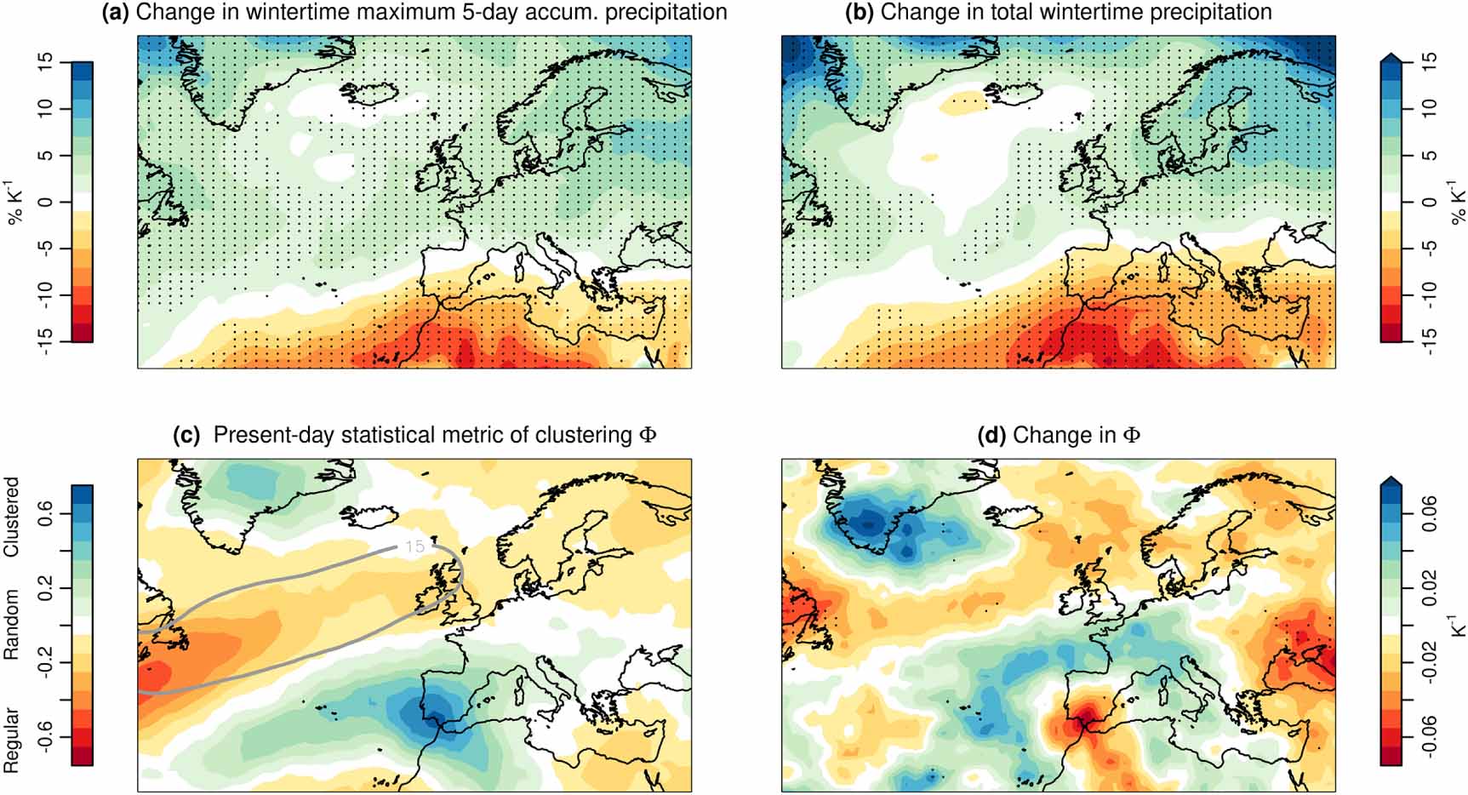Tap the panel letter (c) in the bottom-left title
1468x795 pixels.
coord(186,435)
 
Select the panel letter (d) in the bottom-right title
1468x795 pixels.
coord(993,435)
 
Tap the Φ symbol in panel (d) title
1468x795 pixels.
coord(1131,435)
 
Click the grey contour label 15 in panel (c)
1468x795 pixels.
coord(414,546)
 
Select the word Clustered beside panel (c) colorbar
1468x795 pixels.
coord(12,517)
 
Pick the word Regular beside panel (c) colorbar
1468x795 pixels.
coord(12,740)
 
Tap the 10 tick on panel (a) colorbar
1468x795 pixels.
coord(45,107)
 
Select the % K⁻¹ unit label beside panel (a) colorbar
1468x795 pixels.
coord(15,203)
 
